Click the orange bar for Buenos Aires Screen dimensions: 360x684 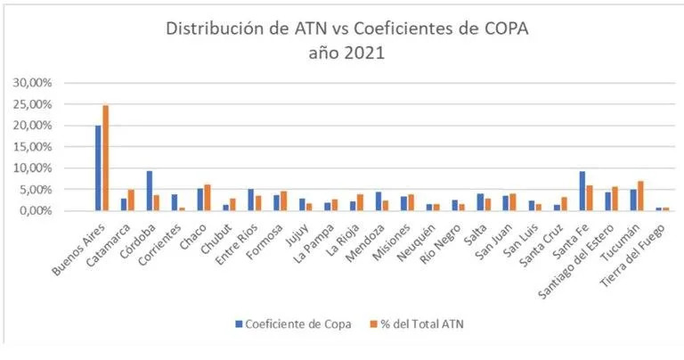coord(104,158)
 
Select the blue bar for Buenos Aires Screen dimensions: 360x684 coord(98,168)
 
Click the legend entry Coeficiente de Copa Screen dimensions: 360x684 coord(295,323)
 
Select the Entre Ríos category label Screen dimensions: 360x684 coord(240,236)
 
